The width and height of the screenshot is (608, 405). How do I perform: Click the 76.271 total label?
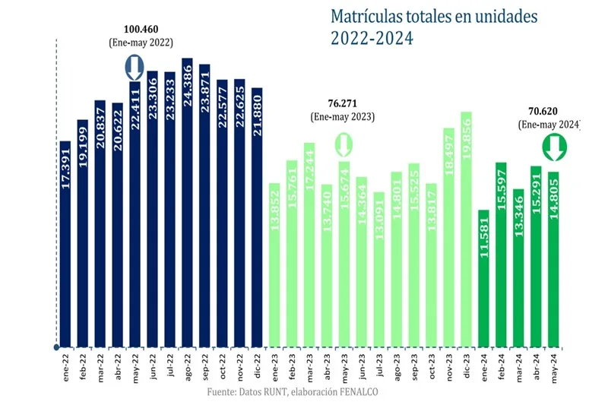pos(341,103)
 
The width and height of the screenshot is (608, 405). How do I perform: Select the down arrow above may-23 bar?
pos(344,143)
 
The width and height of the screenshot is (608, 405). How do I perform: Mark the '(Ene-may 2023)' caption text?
pos(341,117)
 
